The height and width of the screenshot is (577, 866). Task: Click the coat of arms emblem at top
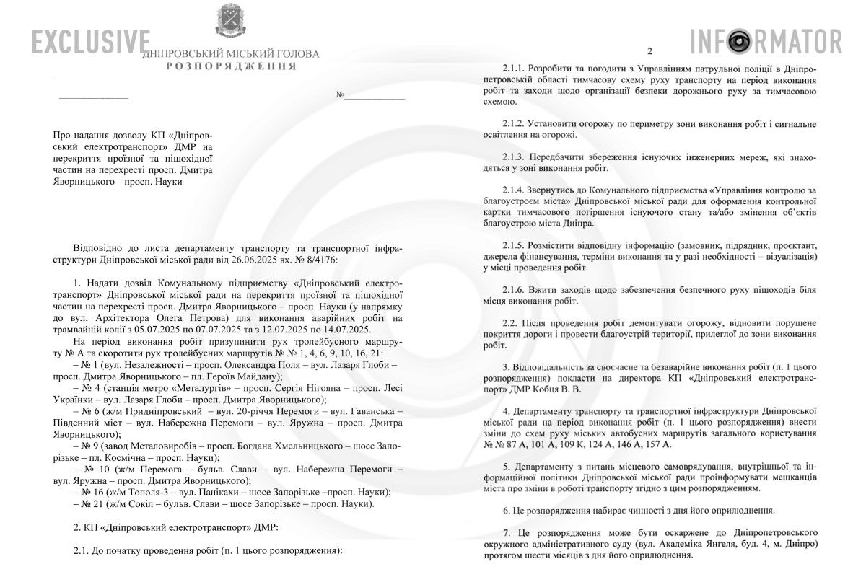(230, 22)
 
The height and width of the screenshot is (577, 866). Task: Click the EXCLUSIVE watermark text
(91, 42)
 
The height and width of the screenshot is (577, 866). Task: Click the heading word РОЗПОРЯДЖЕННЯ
(230, 66)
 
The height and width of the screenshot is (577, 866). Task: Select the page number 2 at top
(649, 51)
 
